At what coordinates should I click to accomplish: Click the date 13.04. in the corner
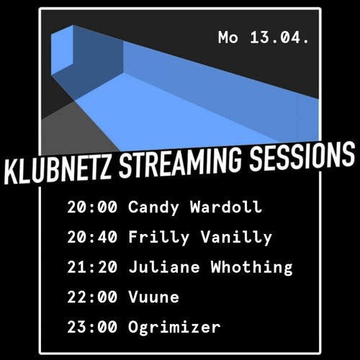(x=279, y=37)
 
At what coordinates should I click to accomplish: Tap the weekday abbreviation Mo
(x=228, y=37)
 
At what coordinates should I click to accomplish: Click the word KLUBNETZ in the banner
(x=58, y=168)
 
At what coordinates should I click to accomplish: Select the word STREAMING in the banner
(x=180, y=161)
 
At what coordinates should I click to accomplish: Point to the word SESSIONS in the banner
(x=302, y=155)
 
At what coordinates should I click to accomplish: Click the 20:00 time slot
(x=92, y=207)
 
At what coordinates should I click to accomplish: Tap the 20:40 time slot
(x=92, y=237)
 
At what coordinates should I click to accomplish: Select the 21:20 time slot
(x=92, y=267)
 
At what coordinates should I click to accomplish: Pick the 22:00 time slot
(x=92, y=297)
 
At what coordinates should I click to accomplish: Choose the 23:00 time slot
(x=92, y=327)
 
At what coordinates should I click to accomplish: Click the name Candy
(x=153, y=208)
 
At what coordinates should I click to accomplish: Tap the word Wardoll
(x=226, y=207)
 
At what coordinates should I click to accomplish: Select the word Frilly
(x=159, y=238)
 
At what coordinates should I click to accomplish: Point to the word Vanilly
(x=236, y=238)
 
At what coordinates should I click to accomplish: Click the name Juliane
(x=164, y=266)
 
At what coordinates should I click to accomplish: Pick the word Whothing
(x=251, y=268)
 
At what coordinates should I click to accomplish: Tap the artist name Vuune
(x=153, y=297)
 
